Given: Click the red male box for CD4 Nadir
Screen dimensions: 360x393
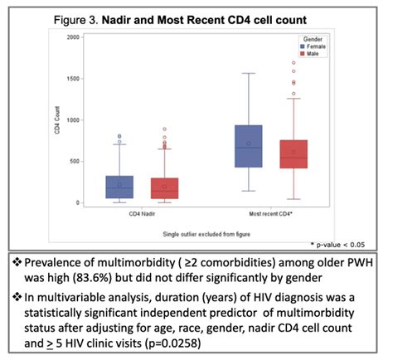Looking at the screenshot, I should pos(164,188).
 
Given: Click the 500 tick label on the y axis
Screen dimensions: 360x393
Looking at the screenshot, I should pos(75,162).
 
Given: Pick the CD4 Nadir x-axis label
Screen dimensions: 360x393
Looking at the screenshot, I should pos(143,213).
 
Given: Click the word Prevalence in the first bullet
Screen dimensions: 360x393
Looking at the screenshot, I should pos(52,261).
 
